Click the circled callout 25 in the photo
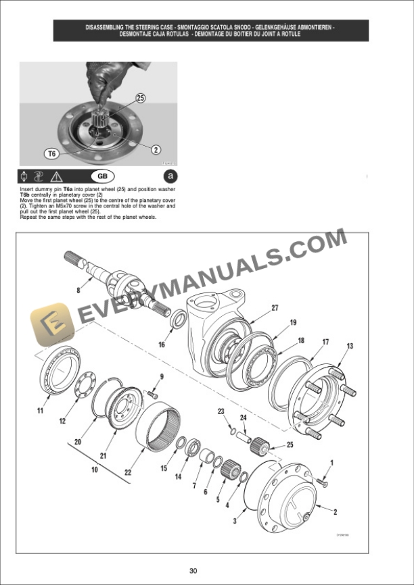(x=140, y=98)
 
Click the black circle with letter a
(x=170, y=176)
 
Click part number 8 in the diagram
(x=78, y=290)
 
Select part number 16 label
(x=162, y=345)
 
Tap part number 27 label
(x=275, y=308)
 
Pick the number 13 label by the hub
(x=349, y=347)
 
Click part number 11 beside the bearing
(x=40, y=410)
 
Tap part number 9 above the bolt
(x=162, y=376)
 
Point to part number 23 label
(x=221, y=411)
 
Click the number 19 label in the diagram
(x=293, y=323)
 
